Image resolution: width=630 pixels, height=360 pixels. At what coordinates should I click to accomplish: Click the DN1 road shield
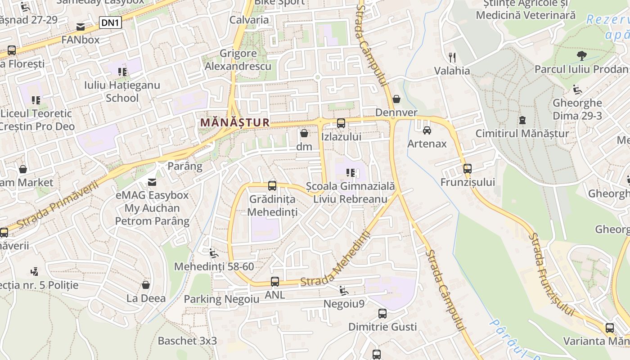(110, 22)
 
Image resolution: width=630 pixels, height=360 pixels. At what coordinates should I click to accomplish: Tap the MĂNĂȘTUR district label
(235, 122)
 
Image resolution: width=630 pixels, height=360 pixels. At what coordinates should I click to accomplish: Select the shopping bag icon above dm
(304, 133)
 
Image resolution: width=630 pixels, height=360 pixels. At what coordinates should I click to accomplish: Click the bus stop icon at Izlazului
(341, 123)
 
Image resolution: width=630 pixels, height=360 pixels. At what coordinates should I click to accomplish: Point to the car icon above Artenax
(427, 130)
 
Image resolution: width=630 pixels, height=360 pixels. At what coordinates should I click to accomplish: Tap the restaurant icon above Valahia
(452, 57)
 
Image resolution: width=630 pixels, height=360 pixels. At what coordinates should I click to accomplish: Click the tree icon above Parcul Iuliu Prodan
(581, 56)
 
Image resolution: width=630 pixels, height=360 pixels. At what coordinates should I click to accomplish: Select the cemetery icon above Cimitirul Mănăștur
(522, 120)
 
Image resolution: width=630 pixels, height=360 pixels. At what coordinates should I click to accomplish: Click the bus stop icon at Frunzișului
(468, 169)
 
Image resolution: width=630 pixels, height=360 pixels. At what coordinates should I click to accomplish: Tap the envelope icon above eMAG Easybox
(152, 182)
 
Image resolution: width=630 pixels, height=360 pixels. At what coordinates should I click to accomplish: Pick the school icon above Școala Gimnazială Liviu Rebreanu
(351, 172)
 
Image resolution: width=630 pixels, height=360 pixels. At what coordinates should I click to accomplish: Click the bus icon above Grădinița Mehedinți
(272, 185)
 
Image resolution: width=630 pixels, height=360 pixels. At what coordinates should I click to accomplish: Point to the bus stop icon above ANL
(274, 282)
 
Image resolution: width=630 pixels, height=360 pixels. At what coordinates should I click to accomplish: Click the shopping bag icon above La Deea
(145, 285)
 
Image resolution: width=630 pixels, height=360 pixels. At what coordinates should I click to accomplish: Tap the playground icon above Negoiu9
(343, 291)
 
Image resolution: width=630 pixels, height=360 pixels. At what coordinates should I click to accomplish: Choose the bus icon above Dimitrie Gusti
(382, 313)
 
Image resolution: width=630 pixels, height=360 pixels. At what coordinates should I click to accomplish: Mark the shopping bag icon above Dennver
(396, 99)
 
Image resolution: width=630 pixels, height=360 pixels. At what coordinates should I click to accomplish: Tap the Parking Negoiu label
(221, 299)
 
